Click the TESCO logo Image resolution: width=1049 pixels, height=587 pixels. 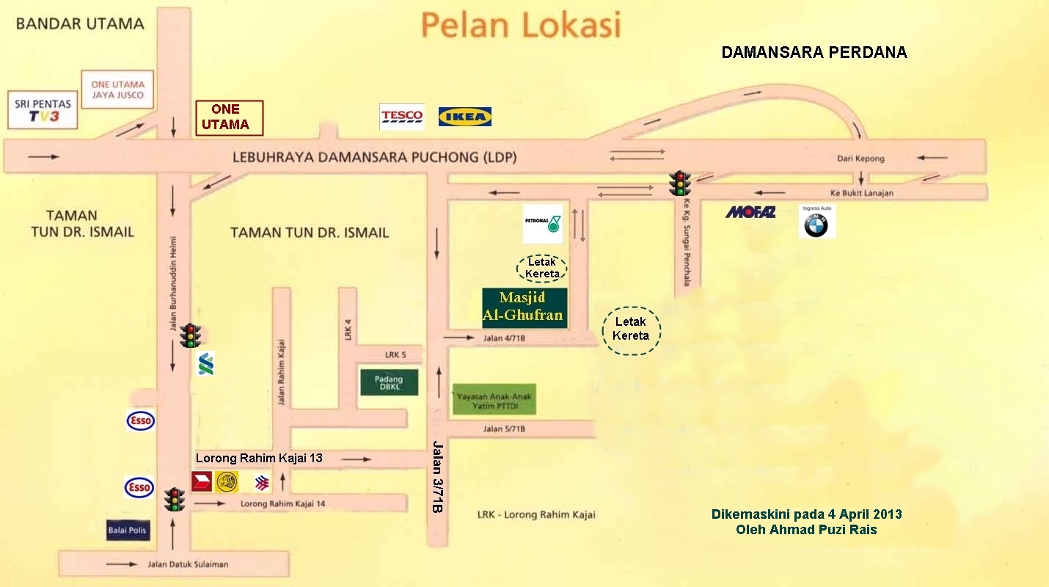(x=402, y=116)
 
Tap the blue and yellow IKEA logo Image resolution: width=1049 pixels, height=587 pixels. (x=465, y=117)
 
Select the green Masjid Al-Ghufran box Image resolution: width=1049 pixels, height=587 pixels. (x=524, y=307)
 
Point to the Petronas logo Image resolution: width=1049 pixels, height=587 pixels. (x=543, y=223)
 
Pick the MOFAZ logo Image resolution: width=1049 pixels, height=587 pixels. (x=750, y=212)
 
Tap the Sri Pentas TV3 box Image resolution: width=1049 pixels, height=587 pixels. (x=42, y=110)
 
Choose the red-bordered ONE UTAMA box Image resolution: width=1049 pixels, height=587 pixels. (x=229, y=117)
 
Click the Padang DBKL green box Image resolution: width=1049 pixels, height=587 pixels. (x=390, y=382)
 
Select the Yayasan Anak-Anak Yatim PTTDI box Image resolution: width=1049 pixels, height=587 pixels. (x=494, y=398)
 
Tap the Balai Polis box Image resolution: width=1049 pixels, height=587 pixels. (x=128, y=531)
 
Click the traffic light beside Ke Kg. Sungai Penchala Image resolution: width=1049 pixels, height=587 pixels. (x=680, y=183)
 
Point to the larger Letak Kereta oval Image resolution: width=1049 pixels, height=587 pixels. (x=632, y=330)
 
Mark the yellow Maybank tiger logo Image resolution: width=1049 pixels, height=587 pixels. (x=227, y=481)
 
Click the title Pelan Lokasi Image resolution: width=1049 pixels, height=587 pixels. (x=521, y=25)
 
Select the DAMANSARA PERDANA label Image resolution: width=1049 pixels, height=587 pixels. (x=814, y=53)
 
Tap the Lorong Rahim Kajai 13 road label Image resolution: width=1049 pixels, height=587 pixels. (x=259, y=459)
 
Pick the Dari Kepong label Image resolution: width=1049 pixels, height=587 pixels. (x=861, y=158)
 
